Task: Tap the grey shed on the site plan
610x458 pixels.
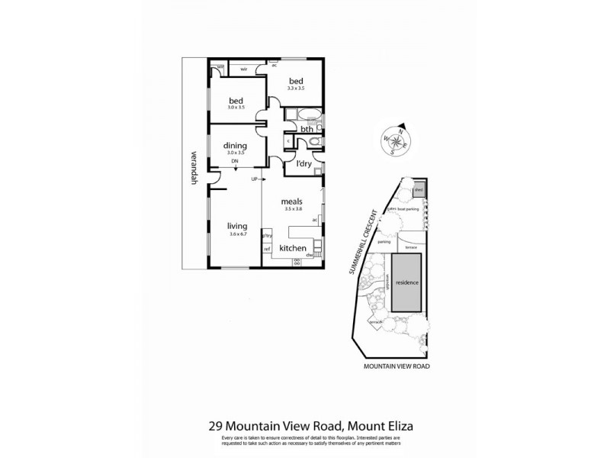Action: point(419,190)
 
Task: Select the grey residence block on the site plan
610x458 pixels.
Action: point(406,282)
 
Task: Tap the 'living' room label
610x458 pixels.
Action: point(239,226)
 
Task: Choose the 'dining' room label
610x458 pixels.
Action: point(234,146)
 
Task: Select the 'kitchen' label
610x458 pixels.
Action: point(293,249)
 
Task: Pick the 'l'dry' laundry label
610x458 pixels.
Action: point(297,163)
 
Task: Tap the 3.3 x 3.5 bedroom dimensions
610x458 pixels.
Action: point(296,89)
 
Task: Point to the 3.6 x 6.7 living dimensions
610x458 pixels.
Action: point(239,234)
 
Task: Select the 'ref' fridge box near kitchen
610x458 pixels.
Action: point(267,249)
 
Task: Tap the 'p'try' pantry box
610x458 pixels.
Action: point(267,236)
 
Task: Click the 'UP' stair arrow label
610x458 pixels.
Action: point(254,179)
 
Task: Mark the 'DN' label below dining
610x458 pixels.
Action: point(235,162)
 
